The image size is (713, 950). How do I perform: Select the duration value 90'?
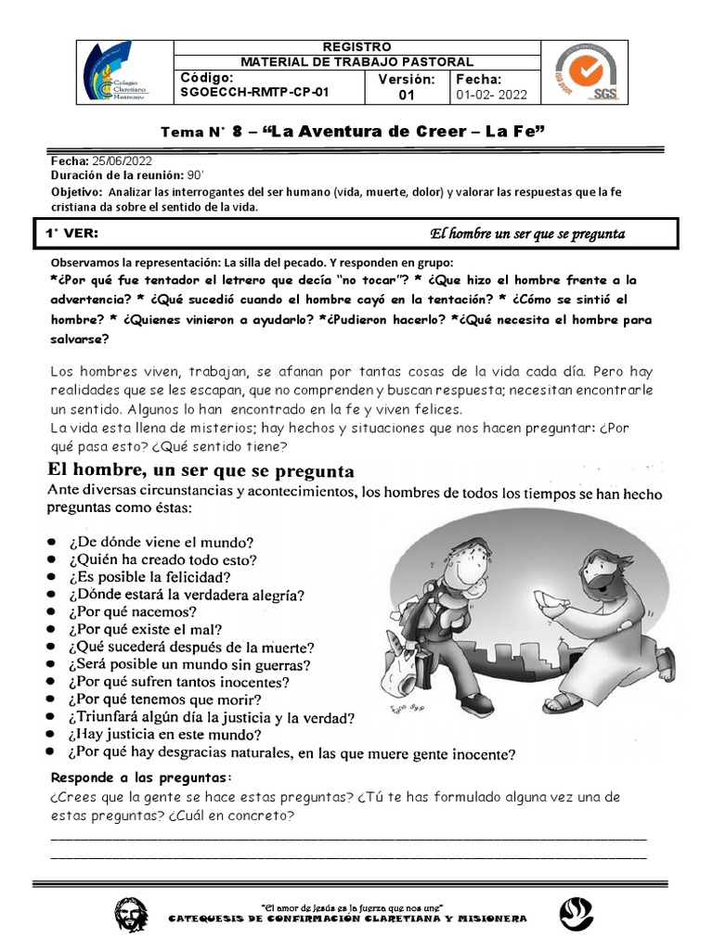(194, 174)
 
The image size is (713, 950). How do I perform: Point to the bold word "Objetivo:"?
(78, 191)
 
